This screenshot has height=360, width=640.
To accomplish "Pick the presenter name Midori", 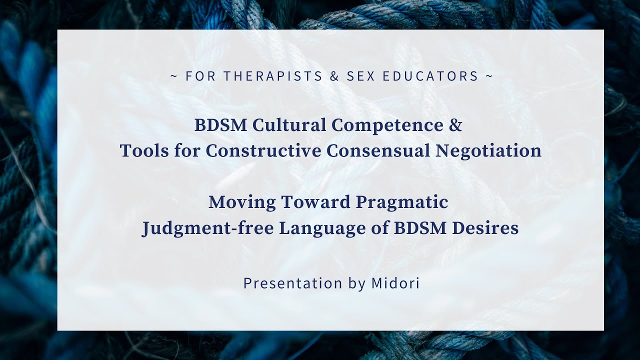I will pos(395,283).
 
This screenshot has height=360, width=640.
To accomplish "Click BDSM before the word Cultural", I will pos(221,125).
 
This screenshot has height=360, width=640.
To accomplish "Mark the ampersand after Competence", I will pos(455,125).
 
